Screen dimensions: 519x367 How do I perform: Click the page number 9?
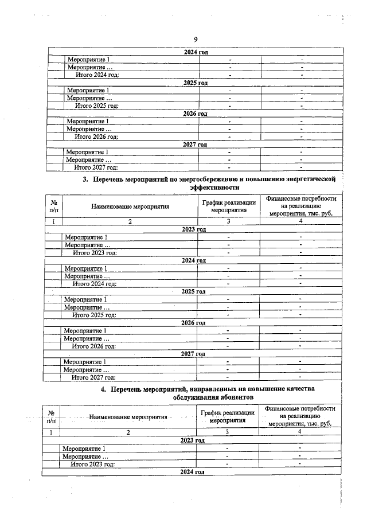[x=196, y=39]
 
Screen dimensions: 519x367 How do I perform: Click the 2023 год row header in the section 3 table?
[x=193, y=229]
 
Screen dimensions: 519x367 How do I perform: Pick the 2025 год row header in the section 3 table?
[x=193, y=291]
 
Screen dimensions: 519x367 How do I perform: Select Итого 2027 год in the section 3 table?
[x=93, y=377]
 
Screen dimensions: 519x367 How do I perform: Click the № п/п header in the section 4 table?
[x=51, y=416]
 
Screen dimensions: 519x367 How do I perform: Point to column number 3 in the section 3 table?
[x=229, y=221]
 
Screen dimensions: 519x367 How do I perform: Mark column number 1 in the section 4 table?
[x=51, y=432]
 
